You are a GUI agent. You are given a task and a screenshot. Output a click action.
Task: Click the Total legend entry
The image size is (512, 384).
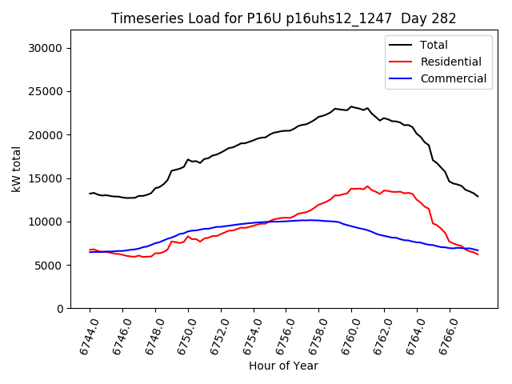[434, 45]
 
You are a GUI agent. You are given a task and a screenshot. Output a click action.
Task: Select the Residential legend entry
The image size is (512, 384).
[450, 62]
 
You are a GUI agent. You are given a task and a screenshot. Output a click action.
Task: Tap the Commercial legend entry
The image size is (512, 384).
[453, 78]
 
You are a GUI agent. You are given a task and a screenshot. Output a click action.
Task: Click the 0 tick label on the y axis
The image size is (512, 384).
[60, 308]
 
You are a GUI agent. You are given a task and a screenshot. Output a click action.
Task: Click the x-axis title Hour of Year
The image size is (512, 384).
[283, 366]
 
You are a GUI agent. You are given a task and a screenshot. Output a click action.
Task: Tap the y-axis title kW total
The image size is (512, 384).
[16, 169]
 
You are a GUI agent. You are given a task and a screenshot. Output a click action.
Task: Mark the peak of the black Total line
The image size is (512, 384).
[351, 106]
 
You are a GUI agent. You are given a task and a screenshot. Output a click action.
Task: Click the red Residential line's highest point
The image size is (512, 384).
[368, 186]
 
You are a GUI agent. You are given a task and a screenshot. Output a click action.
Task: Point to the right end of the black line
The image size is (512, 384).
[478, 196]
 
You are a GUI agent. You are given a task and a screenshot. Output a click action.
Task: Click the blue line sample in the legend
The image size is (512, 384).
[402, 78]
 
